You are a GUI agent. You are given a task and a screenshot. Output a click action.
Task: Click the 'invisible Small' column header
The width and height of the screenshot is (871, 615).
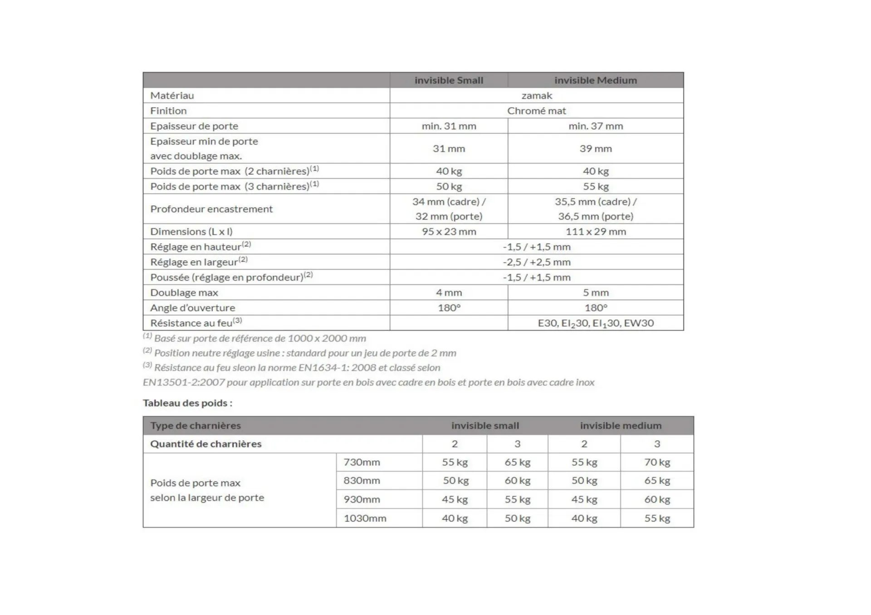coord(449,80)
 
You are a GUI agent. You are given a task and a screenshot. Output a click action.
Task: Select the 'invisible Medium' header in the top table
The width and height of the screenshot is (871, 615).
coord(595,80)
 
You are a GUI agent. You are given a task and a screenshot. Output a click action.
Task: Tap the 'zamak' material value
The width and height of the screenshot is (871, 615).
coord(537,96)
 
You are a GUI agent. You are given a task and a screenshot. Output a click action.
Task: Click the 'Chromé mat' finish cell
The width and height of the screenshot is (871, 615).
coord(537,111)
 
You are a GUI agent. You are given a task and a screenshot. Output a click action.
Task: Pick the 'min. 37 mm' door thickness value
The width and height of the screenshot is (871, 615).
coord(595,126)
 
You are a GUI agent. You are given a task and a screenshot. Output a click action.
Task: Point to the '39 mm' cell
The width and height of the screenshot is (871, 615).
coord(595,149)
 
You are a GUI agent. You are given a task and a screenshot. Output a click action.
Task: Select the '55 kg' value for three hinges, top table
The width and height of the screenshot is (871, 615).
coord(595,186)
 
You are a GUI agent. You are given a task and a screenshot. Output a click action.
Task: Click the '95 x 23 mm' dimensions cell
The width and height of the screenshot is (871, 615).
coord(449,232)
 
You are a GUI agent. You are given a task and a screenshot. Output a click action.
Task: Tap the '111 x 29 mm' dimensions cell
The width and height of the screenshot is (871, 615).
coord(595,232)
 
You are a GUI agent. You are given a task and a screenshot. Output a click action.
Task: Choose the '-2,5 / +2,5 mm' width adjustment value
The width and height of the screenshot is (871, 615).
coord(537,262)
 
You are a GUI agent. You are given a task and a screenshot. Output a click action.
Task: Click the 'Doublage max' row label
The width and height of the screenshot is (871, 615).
coord(184,293)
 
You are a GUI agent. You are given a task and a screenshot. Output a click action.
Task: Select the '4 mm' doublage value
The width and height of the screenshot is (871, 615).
coord(449,293)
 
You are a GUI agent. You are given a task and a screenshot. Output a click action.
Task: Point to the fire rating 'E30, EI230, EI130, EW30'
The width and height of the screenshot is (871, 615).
coord(595,323)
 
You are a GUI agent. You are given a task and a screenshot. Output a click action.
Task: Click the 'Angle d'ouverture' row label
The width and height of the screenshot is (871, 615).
coord(193,308)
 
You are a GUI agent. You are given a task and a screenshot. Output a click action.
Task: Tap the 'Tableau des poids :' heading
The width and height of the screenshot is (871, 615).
coord(187,403)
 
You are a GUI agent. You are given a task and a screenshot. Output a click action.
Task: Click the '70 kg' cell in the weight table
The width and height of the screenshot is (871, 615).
coord(657,462)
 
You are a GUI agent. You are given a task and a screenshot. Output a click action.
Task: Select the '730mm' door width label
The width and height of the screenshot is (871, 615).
coord(362,462)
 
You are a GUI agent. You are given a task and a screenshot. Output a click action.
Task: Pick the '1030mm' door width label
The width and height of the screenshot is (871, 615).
coord(365,518)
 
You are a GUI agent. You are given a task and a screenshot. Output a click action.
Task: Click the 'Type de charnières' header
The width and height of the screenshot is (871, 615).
coord(196,426)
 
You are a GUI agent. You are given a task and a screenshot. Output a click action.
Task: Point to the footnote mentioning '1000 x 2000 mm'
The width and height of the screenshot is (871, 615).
coord(259,339)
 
